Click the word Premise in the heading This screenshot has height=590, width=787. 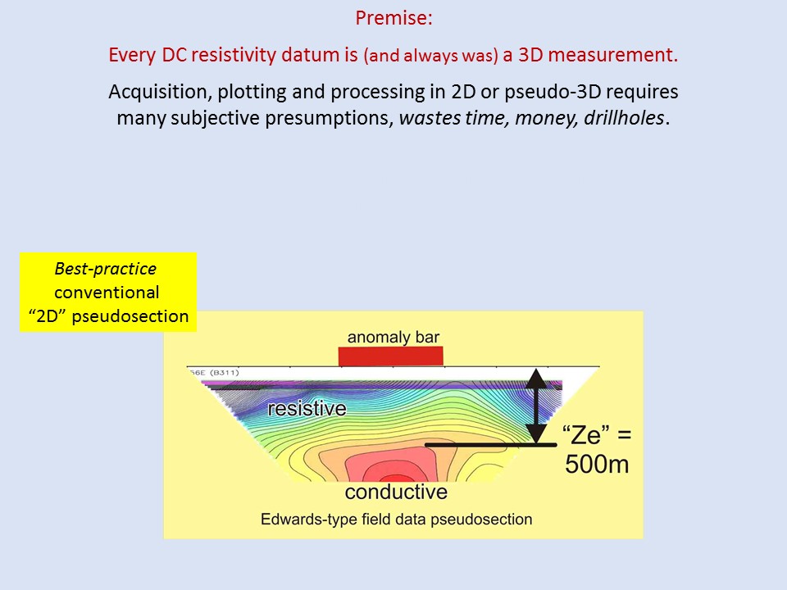pyautogui.click(x=392, y=18)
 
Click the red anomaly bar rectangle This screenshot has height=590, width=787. pyautogui.click(x=390, y=356)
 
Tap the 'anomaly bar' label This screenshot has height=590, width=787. pyautogui.click(x=393, y=337)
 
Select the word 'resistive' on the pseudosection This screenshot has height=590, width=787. pyautogui.click(x=307, y=408)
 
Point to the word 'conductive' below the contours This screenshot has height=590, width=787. pyautogui.click(x=396, y=492)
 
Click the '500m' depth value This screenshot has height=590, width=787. pyautogui.click(x=597, y=464)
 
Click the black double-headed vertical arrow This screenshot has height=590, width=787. pyautogui.click(x=536, y=406)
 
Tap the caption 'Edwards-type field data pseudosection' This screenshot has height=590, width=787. pyautogui.click(x=397, y=520)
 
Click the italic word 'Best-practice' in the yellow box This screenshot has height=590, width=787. pyautogui.click(x=106, y=269)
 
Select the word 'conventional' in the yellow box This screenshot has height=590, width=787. pyautogui.click(x=107, y=293)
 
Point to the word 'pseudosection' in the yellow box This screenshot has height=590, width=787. pyautogui.click(x=130, y=316)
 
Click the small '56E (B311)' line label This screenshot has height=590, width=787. pyautogui.click(x=214, y=372)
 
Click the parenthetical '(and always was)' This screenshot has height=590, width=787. pyautogui.click(x=431, y=56)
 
